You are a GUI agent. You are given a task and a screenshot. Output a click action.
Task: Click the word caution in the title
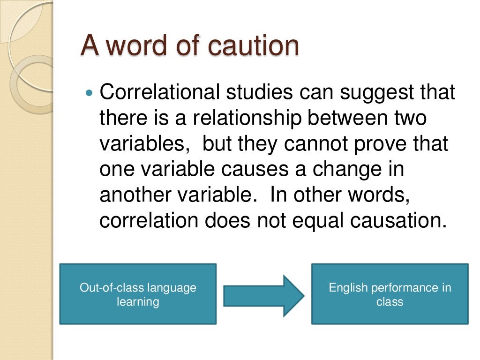pos(253,46)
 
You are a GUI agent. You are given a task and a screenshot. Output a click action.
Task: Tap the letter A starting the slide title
pos(90,46)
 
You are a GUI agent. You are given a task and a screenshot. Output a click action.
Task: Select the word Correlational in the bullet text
pos(159,92)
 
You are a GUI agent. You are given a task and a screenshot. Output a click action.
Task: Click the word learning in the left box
pos(138,302)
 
